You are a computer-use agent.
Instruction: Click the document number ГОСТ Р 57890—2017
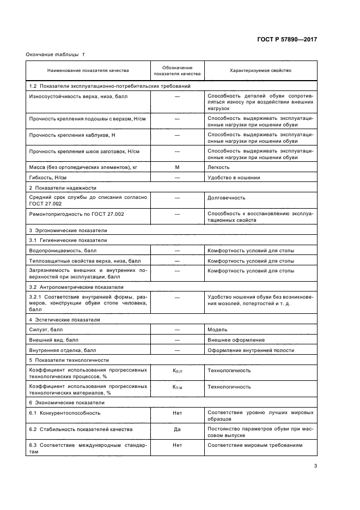pos(286,40)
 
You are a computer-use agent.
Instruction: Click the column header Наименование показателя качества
pos(88,71)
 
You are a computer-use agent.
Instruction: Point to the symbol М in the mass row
pos(177,167)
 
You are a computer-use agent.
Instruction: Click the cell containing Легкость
pos(218,167)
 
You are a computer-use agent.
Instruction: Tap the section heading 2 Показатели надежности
pos(62,187)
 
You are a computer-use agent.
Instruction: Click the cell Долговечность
pos(227,198)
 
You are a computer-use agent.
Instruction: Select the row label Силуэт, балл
pos(47,330)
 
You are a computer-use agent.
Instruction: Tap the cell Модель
pos(217,330)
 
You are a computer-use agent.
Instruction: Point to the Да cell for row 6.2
pos(177,429)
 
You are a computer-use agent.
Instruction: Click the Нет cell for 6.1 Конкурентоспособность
pos(177,413)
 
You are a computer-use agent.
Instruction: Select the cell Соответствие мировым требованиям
pos(254,445)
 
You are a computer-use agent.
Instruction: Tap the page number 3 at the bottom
pos(315,466)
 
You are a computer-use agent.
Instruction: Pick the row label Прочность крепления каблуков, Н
pos(72,134)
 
